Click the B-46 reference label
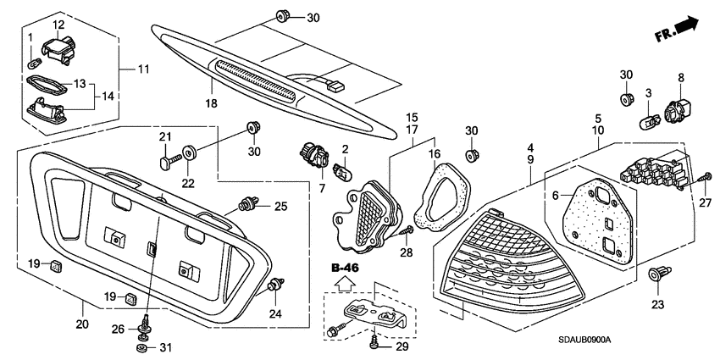point(344,269)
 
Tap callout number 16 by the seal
point(436,155)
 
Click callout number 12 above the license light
point(58,25)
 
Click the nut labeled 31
point(141,348)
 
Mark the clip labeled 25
point(251,204)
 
